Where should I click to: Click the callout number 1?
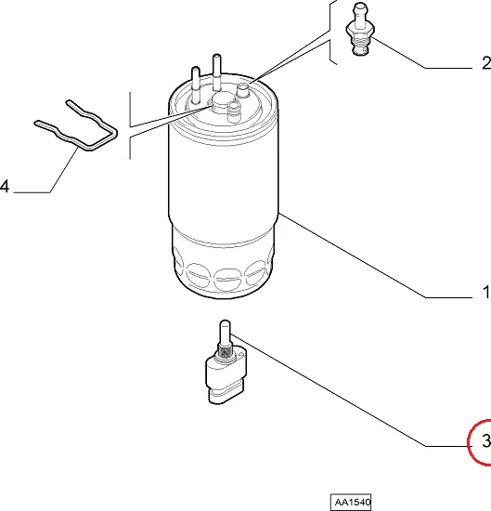click(x=486, y=292)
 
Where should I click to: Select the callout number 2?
click(x=486, y=62)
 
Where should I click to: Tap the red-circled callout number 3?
click(x=485, y=440)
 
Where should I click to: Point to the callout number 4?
click(x=5, y=187)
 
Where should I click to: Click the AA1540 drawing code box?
click(x=351, y=502)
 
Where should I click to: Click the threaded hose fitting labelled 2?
click(x=360, y=29)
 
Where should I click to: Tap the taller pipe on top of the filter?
click(x=217, y=72)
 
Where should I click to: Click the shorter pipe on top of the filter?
click(x=196, y=85)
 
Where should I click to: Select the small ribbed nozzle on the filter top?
click(x=234, y=111)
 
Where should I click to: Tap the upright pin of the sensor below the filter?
click(x=225, y=333)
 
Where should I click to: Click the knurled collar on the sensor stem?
click(x=225, y=352)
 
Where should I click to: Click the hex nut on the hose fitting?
click(x=360, y=30)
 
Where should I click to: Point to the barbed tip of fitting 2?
click(x=360, y=13)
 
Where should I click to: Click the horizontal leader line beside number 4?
click(x=32, y=192)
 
